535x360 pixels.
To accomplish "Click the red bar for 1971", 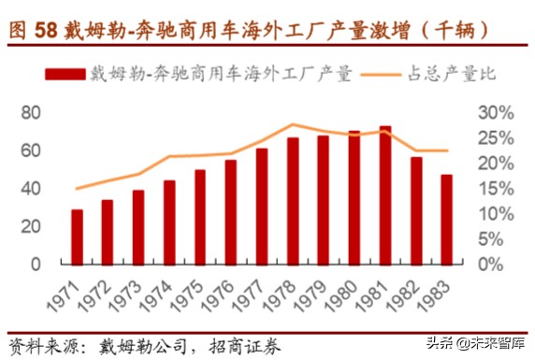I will (x=77, y=237).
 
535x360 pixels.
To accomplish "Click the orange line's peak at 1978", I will (x=293, y=124).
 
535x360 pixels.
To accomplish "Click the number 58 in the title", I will (x=47, y=29).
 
